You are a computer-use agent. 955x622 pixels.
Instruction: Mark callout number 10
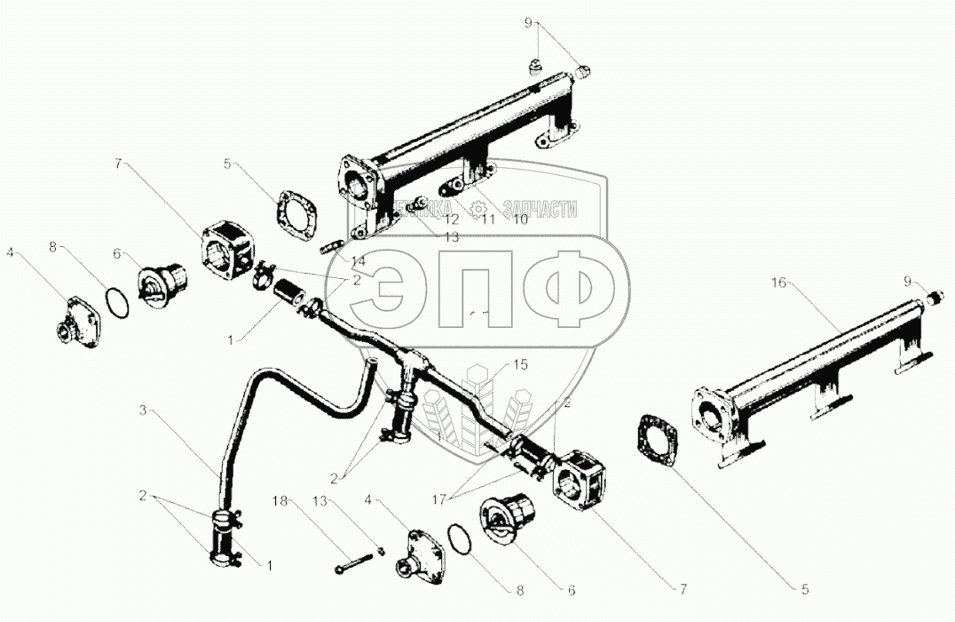pos(519,219)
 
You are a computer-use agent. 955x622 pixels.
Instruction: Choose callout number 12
pos(452,219)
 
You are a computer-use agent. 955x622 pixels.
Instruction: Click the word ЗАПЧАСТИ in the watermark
pos(540,210)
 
